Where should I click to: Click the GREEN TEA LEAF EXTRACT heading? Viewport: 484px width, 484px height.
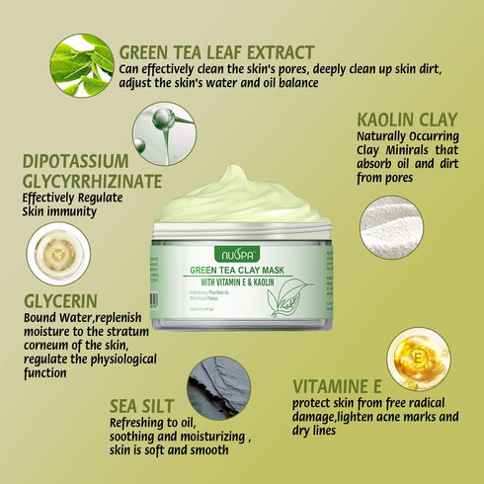pyautogui.click(x=216, y=52)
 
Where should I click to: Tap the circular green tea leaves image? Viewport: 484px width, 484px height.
pyautogui.click(x=81, y=64)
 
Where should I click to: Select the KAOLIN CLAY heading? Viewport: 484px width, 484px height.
pyautogui.click(x=408, y=121)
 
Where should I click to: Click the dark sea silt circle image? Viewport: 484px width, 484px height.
pyautogui.click(x=218, y=389)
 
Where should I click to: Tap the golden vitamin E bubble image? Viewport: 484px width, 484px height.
pyautogui.click(x=418, y=359)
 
